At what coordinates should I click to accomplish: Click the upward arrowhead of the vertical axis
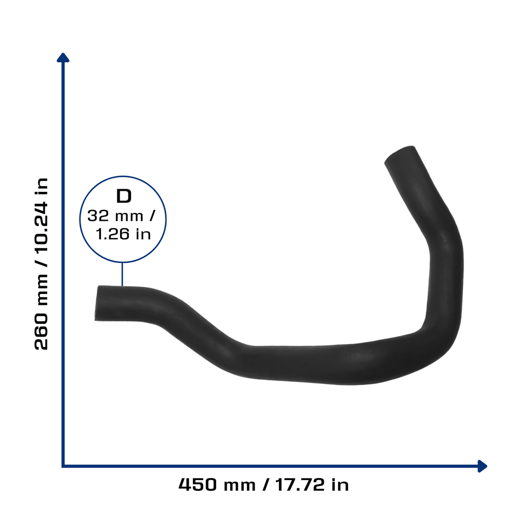pyautogui.click(x=63, y=57)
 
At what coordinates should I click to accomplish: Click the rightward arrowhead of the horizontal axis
pyautogui.click(x=482, y=466)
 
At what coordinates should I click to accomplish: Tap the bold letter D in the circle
pyautogui.click(x=124, y=196)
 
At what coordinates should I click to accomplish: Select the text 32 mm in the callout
pyautogui.click(x=115, y=216)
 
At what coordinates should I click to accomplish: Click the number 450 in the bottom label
pyautogui.click(x=197, y=485)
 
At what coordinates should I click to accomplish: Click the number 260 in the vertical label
pyautogui.click(x=41, y=332)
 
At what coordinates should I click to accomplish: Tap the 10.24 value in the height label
pyautogui.click(x=41, y=227)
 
